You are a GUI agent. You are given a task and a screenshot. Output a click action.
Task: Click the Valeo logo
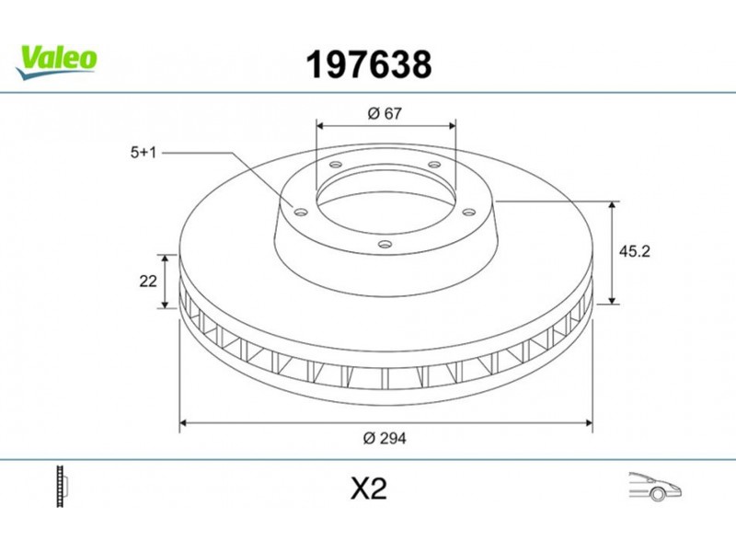click(x=56, y=63)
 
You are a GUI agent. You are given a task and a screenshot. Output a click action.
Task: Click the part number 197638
click(x=369, y=64)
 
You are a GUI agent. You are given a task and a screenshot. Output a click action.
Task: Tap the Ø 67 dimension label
click(x=385, y=113)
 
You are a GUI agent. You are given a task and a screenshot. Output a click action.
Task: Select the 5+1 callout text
click(x=143, y=153)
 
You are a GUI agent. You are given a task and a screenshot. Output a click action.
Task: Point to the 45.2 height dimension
click(x=634, y=251)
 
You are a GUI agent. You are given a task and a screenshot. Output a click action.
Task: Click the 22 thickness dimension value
click(x=148, y=282)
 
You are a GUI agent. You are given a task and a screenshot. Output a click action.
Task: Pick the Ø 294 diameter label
click(x=385, y=439)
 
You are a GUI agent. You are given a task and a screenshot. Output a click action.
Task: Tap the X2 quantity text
click(x=369, y=489)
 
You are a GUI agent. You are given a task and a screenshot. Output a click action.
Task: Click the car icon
click(x=655, y=487)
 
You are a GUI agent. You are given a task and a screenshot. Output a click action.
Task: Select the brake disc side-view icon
click(x=63, y=487)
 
